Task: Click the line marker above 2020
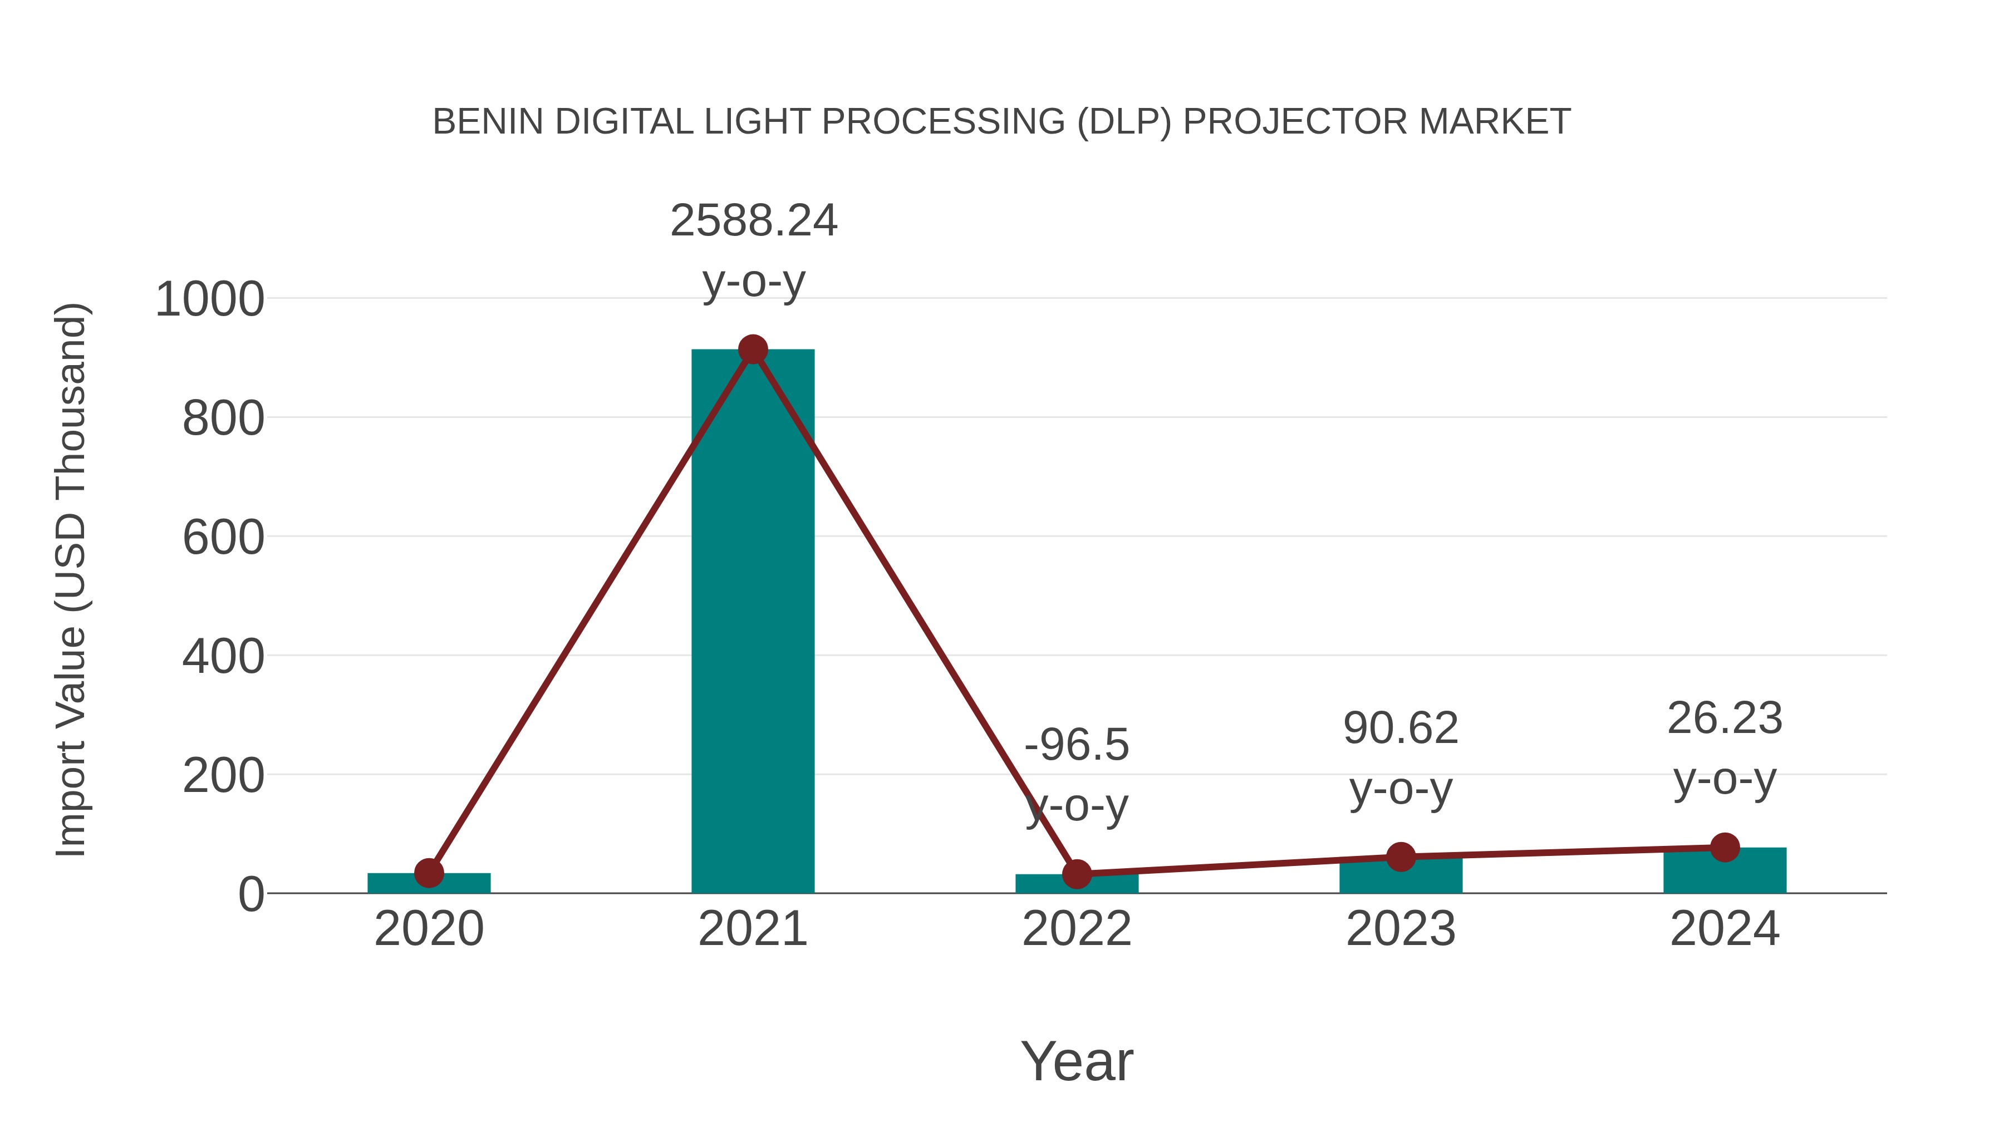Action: click(429, 873)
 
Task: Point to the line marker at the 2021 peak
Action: click(752, 350)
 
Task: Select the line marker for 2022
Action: click(1077, 874)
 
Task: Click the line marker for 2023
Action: click(1401, 857)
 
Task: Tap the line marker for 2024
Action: click(1725, 847)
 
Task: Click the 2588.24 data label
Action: click(753, 221)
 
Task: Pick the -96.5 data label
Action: click(1077, 745)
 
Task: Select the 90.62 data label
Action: click(1401, 729)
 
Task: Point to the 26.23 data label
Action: click(1725, 718)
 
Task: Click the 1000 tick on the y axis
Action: click(209, 299)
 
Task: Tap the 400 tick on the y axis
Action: click(223, 657)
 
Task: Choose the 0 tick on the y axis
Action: click(251, 894)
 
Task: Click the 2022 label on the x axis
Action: click(1077, 929)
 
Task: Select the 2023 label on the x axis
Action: click(1401, 929)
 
